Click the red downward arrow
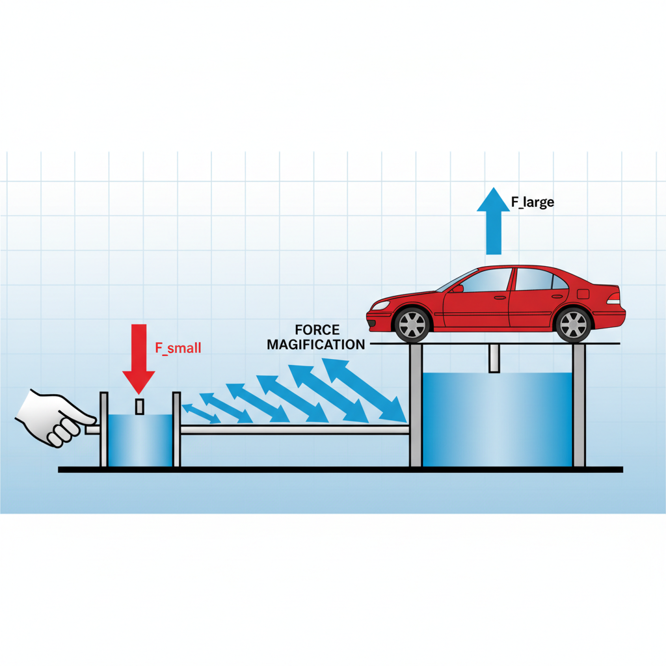click(x=139, y=354)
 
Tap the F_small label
click(x=178, y=347)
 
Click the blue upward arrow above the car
click(x=494, y=221)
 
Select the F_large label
click(x=532, y=202)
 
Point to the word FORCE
click(x=317, y=330)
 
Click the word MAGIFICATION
click(x=316, y=345)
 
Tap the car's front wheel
click(x=412, y=323)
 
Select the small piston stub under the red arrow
click(x=139, y=406)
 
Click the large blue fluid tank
click(x=497, y=420)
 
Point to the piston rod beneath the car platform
click(x=494, y=358)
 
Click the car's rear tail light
click(x=613, y=299)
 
